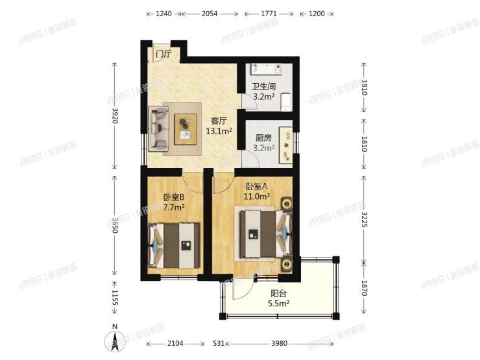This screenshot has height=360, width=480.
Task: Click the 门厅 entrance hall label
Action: [163, 54]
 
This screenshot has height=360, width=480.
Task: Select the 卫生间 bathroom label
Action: [264, 86]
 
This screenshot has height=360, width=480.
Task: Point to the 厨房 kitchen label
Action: [263, 138]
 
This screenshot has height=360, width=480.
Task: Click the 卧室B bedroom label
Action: [174, 197]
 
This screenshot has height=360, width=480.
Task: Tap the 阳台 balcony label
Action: [278, 293]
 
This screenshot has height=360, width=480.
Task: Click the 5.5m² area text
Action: [278, 302]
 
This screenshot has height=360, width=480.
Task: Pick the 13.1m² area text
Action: [219, 130]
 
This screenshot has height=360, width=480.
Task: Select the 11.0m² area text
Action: [256, 195]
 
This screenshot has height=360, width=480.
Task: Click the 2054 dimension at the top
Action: [209, 13]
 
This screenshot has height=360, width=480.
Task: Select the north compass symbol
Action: [115, 339]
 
